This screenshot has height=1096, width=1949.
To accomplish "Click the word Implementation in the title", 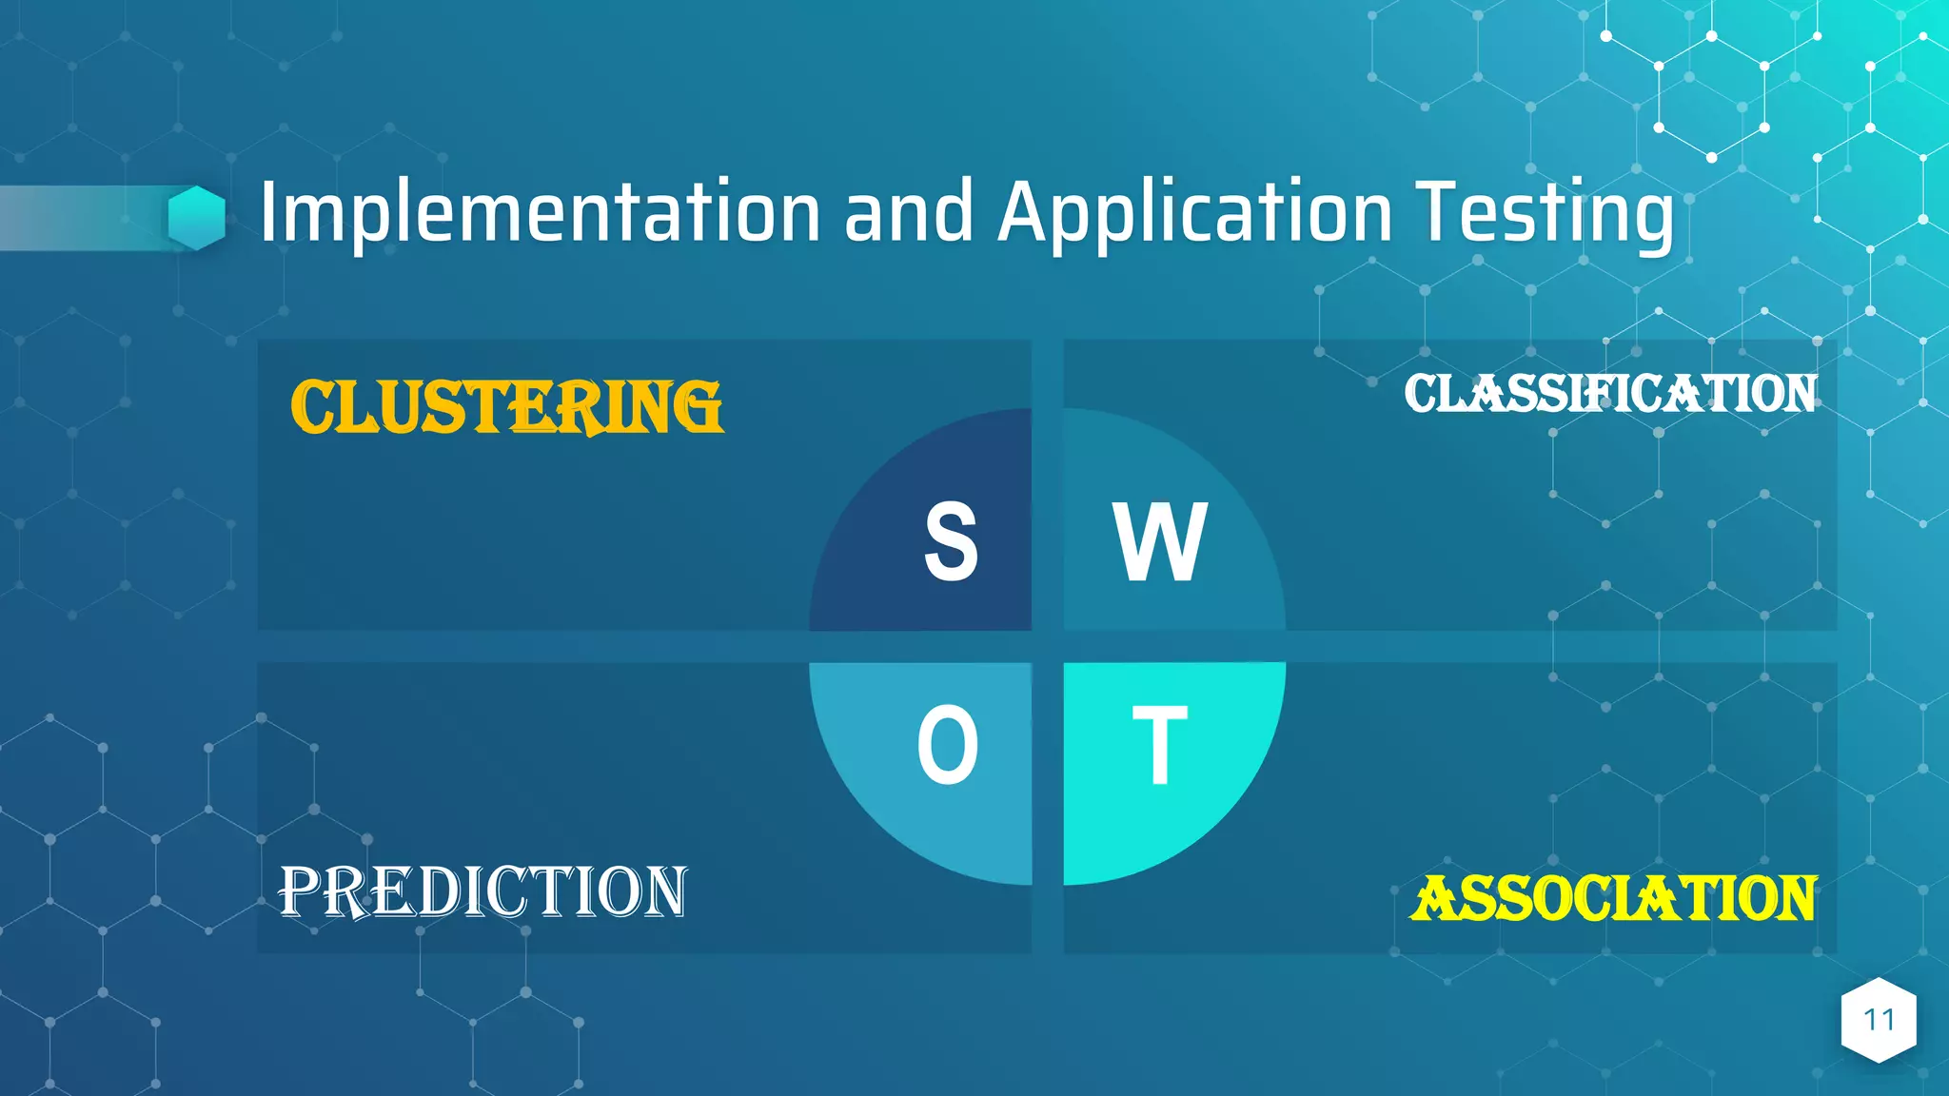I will (540, 212).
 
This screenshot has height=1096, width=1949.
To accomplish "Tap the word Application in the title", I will (1194, 214).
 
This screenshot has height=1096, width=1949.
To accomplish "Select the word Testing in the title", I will (1545, 214).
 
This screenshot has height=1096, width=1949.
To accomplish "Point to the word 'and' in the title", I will (909, 212).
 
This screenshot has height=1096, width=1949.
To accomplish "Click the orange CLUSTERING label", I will (506, 407).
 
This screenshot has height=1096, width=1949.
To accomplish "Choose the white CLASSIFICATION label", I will (1610, 394).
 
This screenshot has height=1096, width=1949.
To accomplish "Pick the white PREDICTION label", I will (482, 892).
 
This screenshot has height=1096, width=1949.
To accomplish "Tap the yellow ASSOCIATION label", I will (1614, 899).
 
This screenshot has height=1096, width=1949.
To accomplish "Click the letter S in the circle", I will (951, 542).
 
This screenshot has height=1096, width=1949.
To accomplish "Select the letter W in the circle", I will (1160, 542).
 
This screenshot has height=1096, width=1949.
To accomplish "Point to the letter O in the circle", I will (948, 745).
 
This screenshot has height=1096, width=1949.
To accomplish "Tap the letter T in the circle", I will (1160, 745).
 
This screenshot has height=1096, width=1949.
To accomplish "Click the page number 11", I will (1879, 1020).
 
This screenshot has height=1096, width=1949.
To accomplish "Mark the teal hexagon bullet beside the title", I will (197, 218).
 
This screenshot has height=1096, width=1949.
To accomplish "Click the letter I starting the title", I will (268, 212).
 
